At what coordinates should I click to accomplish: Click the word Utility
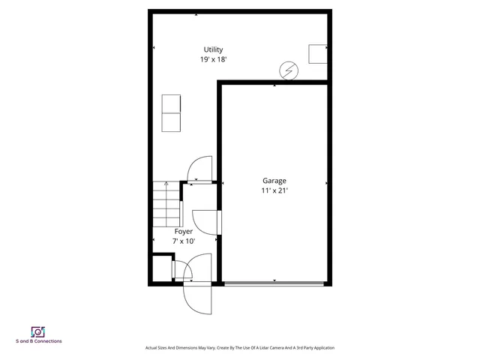click(213, 49)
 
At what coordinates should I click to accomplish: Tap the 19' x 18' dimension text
click(213, 59)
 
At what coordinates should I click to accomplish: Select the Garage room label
click(274, 181)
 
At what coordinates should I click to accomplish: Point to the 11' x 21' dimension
click(274, 190)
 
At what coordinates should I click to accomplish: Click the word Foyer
click(183, 232)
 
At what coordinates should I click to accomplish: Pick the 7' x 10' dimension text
click(183, 241)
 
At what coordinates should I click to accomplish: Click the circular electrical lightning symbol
click(288, 70)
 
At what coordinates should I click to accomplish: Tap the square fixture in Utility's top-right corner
click(318, 53)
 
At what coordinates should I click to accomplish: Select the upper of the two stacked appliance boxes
click(172, 103)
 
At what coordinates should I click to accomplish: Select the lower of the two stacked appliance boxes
click(172, 121)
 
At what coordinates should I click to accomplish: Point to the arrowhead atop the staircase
click(166, 183)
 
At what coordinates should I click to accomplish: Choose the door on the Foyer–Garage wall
click(205, 223)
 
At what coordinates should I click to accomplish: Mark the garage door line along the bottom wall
click(274, 283)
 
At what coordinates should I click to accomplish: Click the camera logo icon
click(37, 331)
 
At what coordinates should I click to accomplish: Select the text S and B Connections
click(38, 341)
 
